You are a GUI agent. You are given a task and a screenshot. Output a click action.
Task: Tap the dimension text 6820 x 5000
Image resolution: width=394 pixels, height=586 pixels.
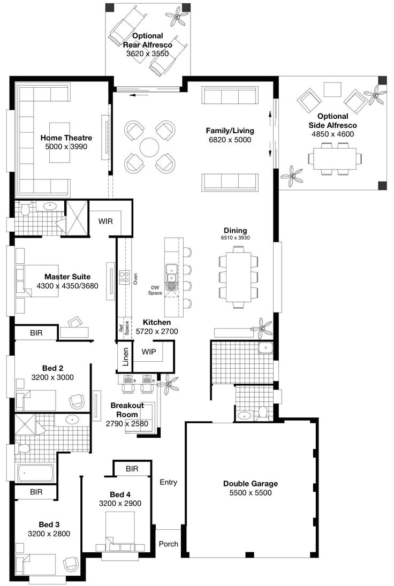230,140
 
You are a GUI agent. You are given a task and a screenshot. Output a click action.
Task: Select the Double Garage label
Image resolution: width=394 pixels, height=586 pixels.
251,484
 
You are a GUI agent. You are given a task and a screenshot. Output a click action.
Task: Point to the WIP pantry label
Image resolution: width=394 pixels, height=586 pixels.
149,352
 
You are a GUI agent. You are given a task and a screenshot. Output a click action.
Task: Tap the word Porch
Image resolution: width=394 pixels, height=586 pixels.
168,544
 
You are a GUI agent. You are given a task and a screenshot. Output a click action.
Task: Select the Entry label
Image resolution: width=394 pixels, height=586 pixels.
168,482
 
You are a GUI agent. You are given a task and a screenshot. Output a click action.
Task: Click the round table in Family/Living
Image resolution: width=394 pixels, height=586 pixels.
150,147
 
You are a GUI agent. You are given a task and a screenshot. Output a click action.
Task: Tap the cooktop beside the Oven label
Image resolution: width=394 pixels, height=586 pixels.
124,277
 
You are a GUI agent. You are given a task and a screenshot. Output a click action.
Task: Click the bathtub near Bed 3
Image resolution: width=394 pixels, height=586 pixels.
35,473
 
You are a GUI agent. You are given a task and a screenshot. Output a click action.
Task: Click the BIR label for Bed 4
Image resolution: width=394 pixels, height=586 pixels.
132,469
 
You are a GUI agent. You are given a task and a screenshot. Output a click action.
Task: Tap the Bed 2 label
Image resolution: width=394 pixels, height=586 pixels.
52,368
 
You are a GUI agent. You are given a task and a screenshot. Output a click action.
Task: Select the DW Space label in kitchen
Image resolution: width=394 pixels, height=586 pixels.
155,290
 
